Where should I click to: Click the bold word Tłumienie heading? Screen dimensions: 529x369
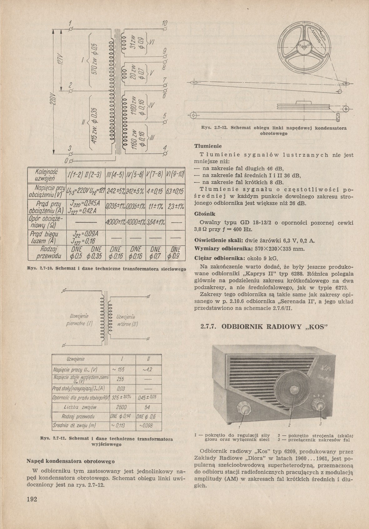pyautogui.click(x=208, y=146)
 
